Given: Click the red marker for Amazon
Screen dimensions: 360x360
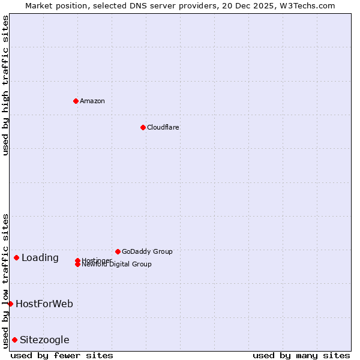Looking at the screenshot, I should [76, 101].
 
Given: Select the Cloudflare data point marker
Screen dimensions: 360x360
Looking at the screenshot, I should [143, 127].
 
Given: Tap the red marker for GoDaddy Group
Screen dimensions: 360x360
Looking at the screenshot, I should [118, 251].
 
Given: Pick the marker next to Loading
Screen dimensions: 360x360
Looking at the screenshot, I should [16, 257].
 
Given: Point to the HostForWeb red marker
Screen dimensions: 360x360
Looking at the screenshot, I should [10, 304].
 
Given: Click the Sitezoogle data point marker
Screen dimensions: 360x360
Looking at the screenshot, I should [14, 340].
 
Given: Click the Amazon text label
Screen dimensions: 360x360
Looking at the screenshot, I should [92, 101].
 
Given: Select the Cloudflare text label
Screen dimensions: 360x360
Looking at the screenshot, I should [163, 127].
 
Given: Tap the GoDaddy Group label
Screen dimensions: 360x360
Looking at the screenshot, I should [147, 251].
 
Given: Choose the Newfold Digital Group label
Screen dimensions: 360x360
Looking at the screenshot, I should [116, 264].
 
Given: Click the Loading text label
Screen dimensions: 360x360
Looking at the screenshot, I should [40, 258].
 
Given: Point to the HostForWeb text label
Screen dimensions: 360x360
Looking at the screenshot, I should [44, 304].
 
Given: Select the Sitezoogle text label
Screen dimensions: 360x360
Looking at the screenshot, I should [44, 340].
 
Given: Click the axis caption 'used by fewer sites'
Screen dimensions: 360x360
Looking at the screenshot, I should [62, 355].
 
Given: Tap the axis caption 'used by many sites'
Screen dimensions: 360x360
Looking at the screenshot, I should [301, 355].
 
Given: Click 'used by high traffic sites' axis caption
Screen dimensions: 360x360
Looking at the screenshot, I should [5, 85].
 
